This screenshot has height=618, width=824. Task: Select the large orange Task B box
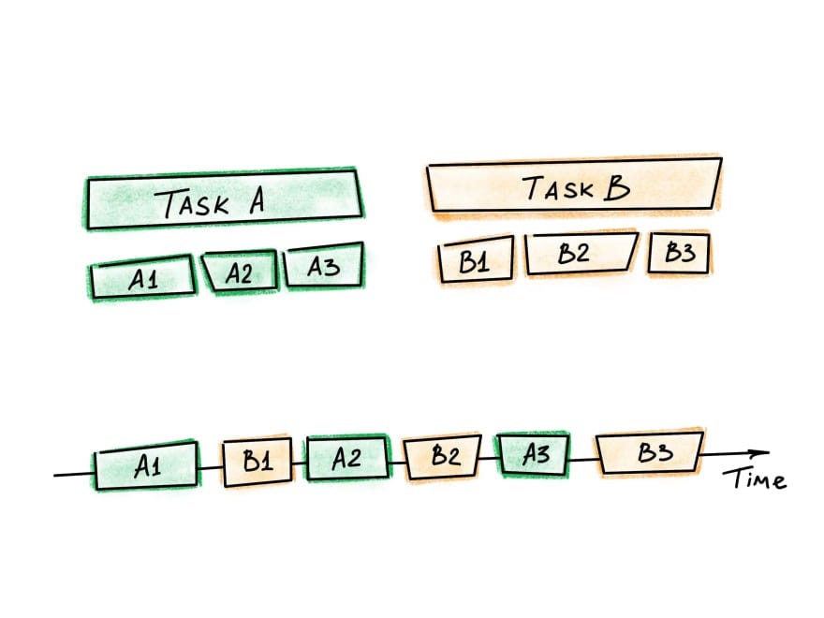tap(573, 187)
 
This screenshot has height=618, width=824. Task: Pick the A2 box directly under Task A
tap(240, 272)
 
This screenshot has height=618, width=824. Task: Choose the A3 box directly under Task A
tap(322, 270)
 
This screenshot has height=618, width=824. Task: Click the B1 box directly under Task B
tap(476, 258)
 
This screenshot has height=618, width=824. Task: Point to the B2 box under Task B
tap(579, 254)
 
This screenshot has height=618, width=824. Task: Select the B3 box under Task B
tap(678, 253)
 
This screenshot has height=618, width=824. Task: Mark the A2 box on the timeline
tap(346, 460)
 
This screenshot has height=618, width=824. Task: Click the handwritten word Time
tap(755, 480)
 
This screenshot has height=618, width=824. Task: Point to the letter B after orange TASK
tap(616, 188)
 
